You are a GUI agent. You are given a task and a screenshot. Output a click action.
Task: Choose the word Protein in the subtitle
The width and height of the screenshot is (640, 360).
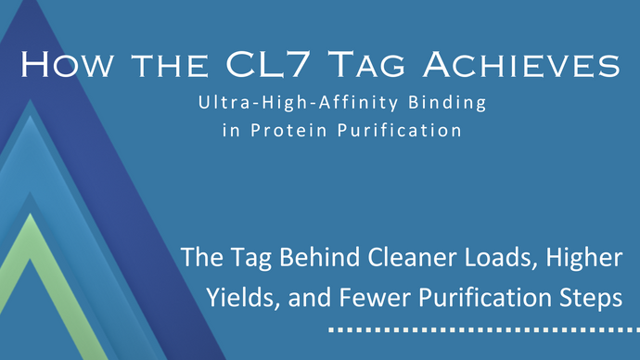tap(283, 131)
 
